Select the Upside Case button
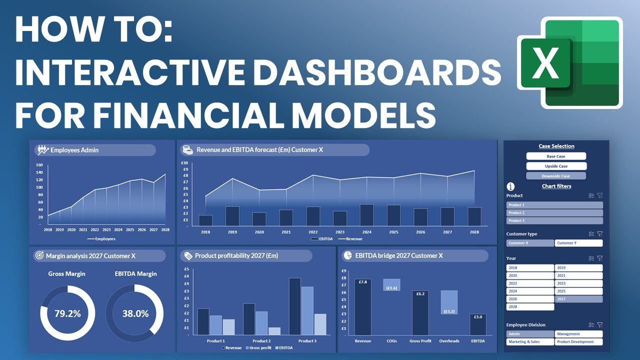556,166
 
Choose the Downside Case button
556,176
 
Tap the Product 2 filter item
554,213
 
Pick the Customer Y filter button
578,243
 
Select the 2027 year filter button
578,299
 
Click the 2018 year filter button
530,268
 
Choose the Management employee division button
578,334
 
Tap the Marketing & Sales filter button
530,342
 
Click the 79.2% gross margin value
67,314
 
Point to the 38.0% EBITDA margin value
135,314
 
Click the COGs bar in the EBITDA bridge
391,285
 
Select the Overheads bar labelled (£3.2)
449,302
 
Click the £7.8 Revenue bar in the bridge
363,307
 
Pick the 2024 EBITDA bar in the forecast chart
366,215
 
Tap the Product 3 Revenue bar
295,306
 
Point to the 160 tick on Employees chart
39,165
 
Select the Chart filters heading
556,186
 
